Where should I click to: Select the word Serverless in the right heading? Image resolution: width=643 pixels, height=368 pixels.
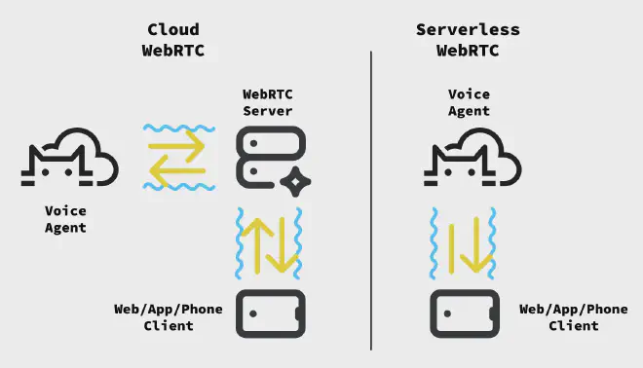467,30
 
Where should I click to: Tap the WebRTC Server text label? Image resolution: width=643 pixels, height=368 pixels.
267,102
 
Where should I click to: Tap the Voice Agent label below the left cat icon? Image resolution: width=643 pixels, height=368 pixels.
65,219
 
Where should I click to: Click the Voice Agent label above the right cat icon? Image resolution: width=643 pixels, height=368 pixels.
468,102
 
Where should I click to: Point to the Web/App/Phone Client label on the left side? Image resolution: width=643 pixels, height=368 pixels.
169,317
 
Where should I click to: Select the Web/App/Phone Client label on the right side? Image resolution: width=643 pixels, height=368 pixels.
573,317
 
